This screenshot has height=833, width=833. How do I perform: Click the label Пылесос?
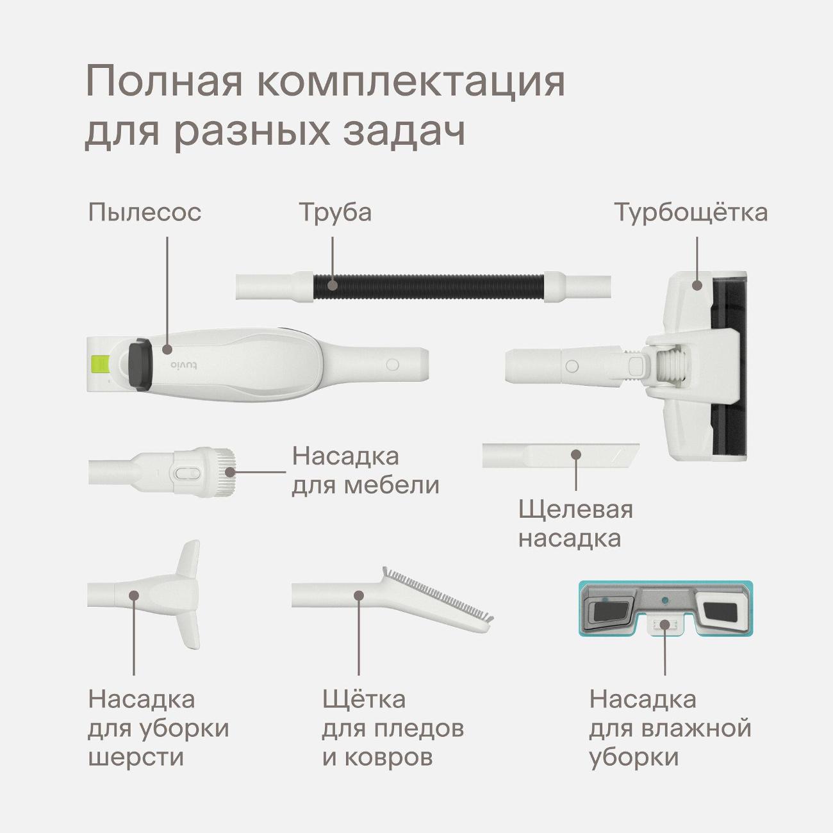145,213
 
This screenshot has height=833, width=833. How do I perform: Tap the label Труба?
335,213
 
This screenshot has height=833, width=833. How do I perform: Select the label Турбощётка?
690,212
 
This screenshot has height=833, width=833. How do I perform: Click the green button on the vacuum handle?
100,364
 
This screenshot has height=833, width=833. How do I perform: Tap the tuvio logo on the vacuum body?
184,365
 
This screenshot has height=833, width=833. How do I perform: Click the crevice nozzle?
561,455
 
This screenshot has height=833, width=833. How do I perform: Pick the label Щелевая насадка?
575,524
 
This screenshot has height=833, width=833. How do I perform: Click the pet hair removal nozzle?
145,595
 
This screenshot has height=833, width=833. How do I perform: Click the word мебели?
392,485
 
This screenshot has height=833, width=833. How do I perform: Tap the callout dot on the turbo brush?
697,285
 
